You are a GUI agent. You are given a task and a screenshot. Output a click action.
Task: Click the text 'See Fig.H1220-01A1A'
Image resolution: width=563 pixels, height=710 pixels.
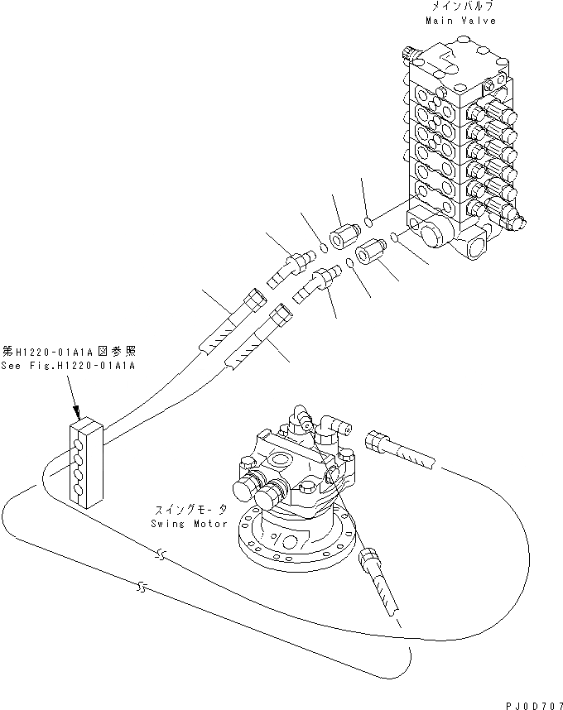point(68,365)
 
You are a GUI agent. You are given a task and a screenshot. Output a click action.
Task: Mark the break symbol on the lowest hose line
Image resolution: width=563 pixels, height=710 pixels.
point(142,588)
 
